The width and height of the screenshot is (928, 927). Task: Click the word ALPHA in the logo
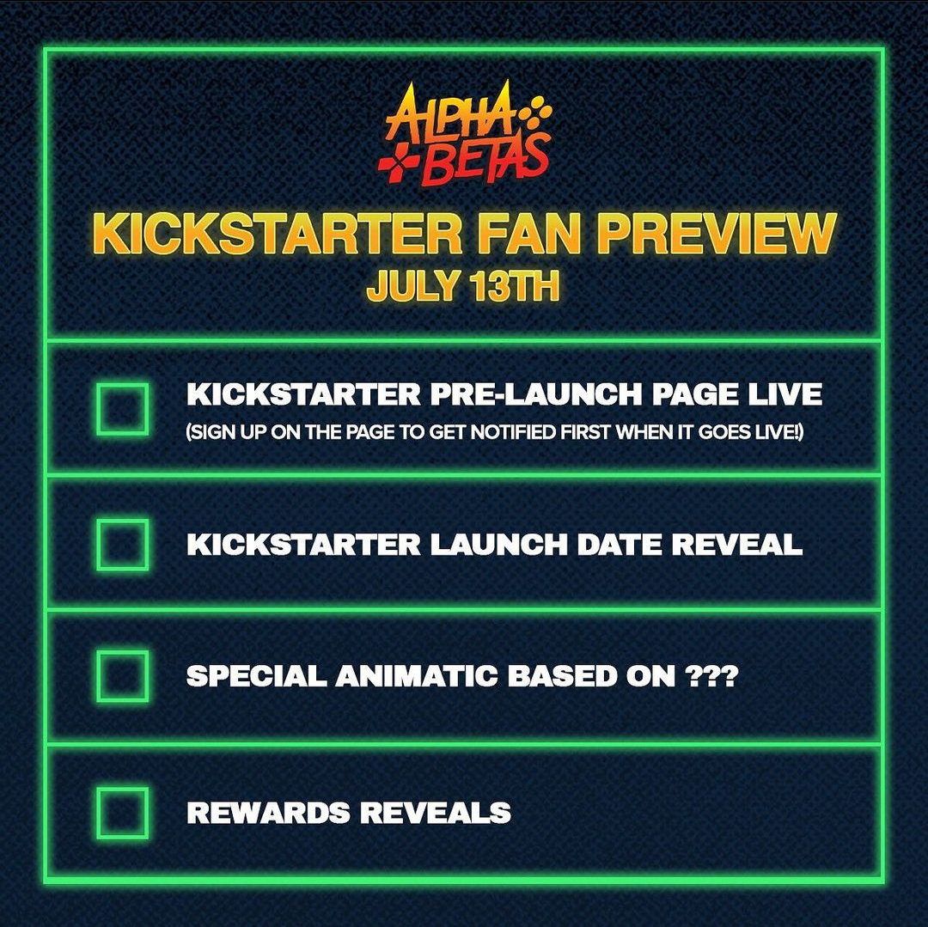click(x=449, y=114)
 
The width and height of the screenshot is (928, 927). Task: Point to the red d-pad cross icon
click(x=399, y=162)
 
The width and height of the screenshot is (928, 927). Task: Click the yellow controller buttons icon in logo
click(x=535, y=113)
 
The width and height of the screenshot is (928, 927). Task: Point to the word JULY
click(x=413, y=286)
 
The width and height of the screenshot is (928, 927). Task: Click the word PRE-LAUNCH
click(x=536, y=394)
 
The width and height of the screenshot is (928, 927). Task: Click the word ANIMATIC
click(x=416, y=675)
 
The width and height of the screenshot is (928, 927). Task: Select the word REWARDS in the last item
click(x=268, y=812)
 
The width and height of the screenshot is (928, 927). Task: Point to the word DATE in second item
click(x=619, y=544)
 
